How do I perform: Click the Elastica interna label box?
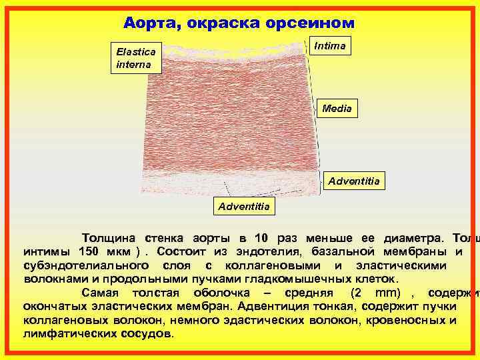135,58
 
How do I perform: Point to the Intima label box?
329,46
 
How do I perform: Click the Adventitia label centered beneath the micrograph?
244,206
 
